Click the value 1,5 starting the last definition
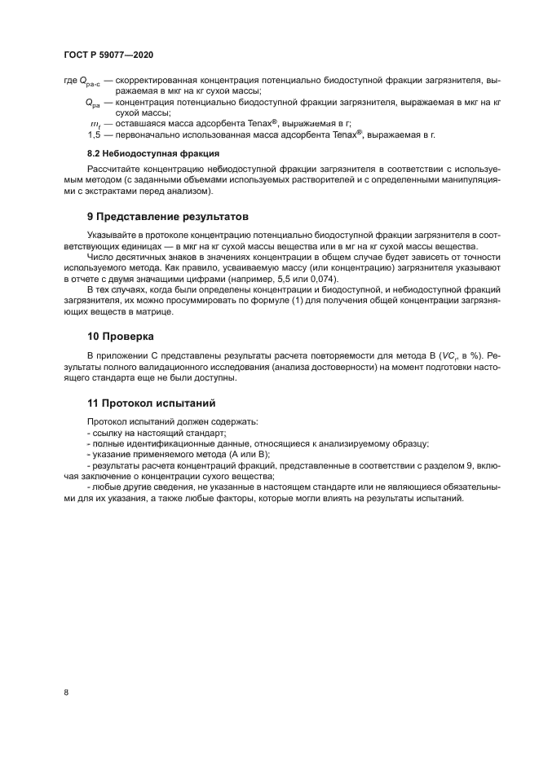pos(94,134)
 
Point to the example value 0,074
pos(318,279)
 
